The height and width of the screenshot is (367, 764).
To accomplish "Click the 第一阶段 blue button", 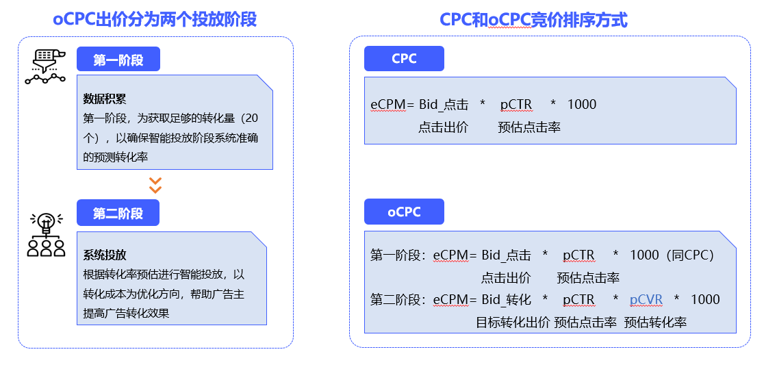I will [118, 60].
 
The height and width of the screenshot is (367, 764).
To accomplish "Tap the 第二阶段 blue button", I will [118, 213].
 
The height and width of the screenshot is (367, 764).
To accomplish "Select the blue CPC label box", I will [404, 59].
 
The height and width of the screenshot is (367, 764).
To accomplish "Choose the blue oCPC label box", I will [404, 212].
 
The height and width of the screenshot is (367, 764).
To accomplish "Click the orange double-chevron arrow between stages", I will [155, 185].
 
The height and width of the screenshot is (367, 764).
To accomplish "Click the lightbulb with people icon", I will [46, 235].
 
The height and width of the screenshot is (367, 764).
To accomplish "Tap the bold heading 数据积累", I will [105, 99].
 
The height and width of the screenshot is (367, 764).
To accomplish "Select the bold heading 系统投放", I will [105, 255].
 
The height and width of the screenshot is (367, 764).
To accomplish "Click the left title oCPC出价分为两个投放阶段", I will [155, 20].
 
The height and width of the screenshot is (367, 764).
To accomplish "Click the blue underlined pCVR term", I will [646, 299].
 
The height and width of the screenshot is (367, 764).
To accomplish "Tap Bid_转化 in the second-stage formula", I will [507, 299].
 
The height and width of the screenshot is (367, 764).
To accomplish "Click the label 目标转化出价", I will [513, 322].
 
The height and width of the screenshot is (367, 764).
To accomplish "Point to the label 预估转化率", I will [655, 322].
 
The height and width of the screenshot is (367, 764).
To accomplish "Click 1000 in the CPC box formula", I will [582, 105].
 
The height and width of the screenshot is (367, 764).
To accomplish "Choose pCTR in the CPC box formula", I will [516, 105].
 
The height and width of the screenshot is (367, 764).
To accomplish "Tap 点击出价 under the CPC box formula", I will [443, 127].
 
